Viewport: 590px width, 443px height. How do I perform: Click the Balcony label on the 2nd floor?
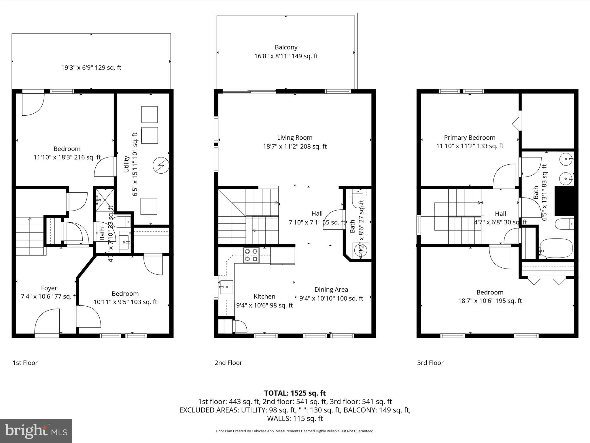(x=286, y=47)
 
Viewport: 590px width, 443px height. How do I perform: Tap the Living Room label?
(x=294, y=138)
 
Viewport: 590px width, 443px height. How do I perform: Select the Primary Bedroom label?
(x=469, y=138)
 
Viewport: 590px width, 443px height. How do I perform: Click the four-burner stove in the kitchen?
(x=251, y=255)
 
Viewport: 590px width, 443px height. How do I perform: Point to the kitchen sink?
(x=226, y=287)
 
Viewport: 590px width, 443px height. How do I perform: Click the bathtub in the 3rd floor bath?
(x=556, y=248)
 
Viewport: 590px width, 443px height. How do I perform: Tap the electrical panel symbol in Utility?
(x=160, y=165)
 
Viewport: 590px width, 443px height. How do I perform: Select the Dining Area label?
(x=331, y=290)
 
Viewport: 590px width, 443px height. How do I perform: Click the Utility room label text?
(x=126, y=164)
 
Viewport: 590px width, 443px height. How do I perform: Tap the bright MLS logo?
(x=36, y=431)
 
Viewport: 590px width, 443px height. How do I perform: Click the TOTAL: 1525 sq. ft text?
(x=295, y=393)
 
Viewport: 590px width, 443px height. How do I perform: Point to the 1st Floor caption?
(x=25, y=363)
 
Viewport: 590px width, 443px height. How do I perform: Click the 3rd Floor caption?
(x=430, y=363)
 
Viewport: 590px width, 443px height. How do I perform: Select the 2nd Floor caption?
(x=228, y=363)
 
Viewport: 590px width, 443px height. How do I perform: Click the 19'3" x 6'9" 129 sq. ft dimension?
(x=91, y=68)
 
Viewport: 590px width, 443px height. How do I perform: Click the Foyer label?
(x=49, y=288)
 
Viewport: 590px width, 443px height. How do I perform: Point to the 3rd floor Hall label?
(x=500, y=214)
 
